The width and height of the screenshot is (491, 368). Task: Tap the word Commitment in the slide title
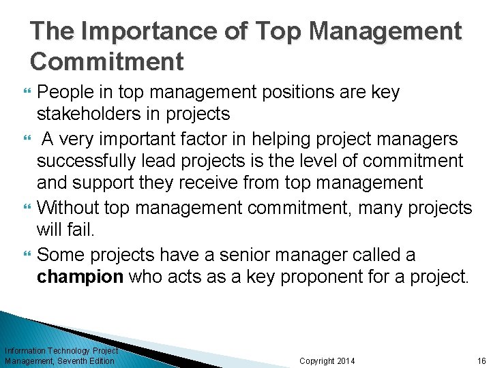(107, 61)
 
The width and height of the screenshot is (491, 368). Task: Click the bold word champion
(80, 276)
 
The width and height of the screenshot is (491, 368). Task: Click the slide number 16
(481, 361)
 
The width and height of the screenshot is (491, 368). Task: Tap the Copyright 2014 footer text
(327, 361)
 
